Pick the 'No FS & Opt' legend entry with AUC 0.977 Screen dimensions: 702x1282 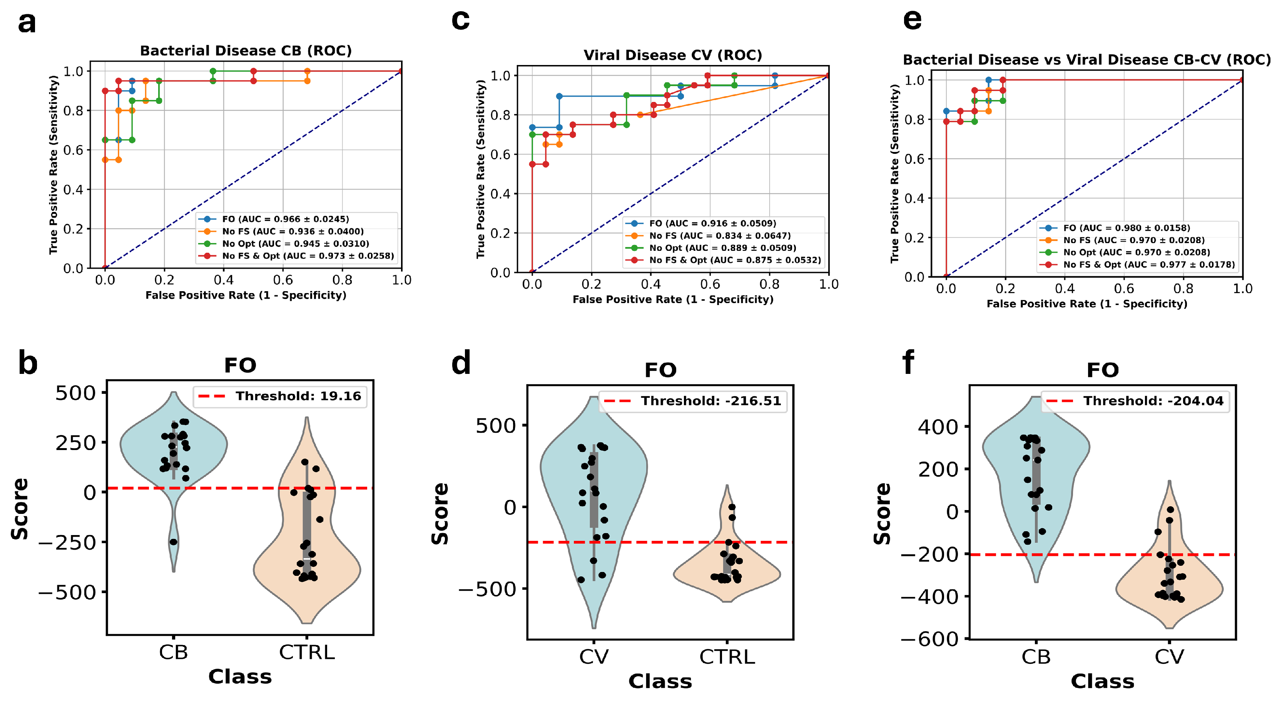tap(1148, 265)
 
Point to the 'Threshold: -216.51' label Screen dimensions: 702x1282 tap(711, 401)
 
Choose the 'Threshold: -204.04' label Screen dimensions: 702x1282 tap(1153, 401)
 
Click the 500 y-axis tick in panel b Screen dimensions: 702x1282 tap(76, 393)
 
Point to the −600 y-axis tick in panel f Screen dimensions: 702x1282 tap(929, 639)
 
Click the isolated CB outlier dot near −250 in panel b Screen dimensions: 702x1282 tap(173, 542)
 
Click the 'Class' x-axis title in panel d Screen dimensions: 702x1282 tap(660, 682)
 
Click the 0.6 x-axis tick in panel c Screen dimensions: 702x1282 tap(710, 285)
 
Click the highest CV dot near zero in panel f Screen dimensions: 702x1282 tap(1170, 509)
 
